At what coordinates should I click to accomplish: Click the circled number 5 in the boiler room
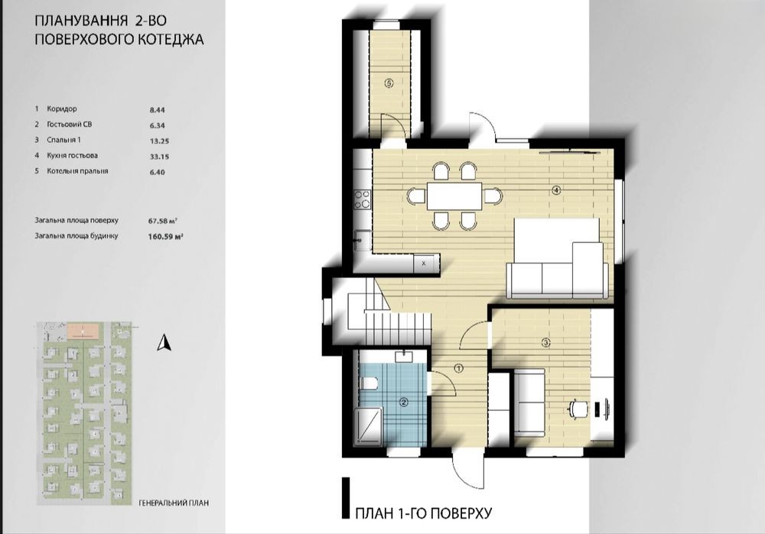(x=389, y=83)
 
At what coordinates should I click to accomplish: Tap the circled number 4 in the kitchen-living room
(x=556, y=190)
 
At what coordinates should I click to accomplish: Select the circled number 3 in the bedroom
(x=546, y=342)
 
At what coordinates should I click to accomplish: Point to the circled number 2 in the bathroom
(x=403, y=403)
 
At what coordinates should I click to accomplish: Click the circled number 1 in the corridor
(x=458, y=368)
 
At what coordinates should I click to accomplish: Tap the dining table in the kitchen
(x=454, y=196)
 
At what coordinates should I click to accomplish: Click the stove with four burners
(x=362, y=199)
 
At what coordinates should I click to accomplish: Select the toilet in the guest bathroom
(x=368, y=384)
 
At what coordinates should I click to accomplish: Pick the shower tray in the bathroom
(x=368, y=427)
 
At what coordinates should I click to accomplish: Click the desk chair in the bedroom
(x=578, y=408)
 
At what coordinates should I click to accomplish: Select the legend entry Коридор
(x=61, y=109)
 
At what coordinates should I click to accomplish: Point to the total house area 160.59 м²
(x=165, y=238)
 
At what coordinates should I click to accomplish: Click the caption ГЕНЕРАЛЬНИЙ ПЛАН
(x=174, y=503)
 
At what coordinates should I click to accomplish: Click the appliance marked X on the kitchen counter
(x=424, y=263)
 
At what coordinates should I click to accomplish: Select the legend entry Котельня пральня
(x=77, y=171)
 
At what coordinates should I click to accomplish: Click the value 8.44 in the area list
(x=157, y=110)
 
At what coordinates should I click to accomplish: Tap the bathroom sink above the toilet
(x=403, y=357)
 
